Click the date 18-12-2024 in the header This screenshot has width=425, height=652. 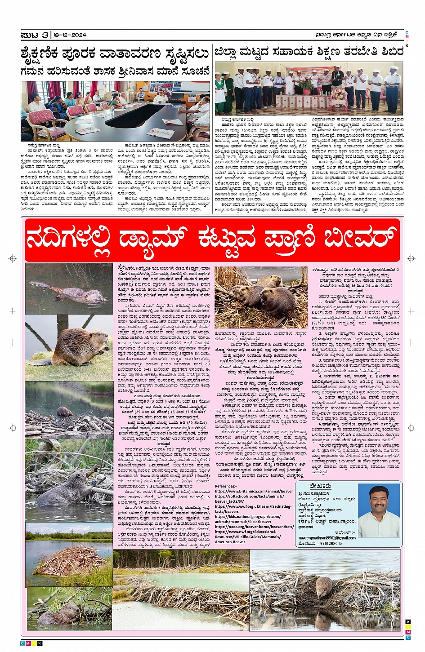(x=69, y=35)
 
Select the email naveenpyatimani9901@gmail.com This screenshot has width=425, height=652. (x=327, y=538)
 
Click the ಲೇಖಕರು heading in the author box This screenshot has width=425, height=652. (x=320, y=486)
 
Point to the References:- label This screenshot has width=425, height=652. (x=225, y=486)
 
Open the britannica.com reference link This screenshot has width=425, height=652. (x=254, y=491)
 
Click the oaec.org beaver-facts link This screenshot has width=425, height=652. (x=254, y=527)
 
